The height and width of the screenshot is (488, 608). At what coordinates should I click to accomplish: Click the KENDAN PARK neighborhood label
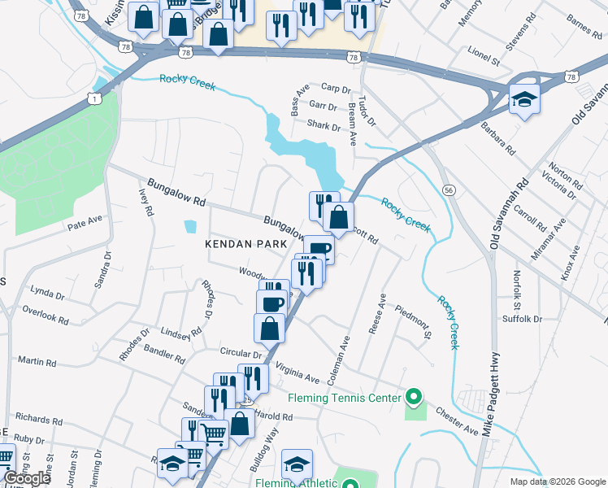click(246, 244)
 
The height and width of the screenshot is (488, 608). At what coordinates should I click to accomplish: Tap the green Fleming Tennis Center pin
click(414, 398)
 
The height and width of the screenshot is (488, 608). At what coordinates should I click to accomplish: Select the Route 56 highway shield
click(448, 189)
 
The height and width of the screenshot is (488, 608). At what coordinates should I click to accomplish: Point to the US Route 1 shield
click(94, 98)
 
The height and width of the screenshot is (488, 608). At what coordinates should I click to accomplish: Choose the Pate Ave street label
click(85, 220)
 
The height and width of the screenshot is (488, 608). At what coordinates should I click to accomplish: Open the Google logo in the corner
click(27, 479)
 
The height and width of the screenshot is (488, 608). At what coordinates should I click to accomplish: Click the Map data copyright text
click(557, 481)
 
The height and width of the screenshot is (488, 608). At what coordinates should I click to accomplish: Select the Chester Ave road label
click(457, 416)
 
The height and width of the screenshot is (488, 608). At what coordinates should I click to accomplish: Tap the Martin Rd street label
click(36, 360)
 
